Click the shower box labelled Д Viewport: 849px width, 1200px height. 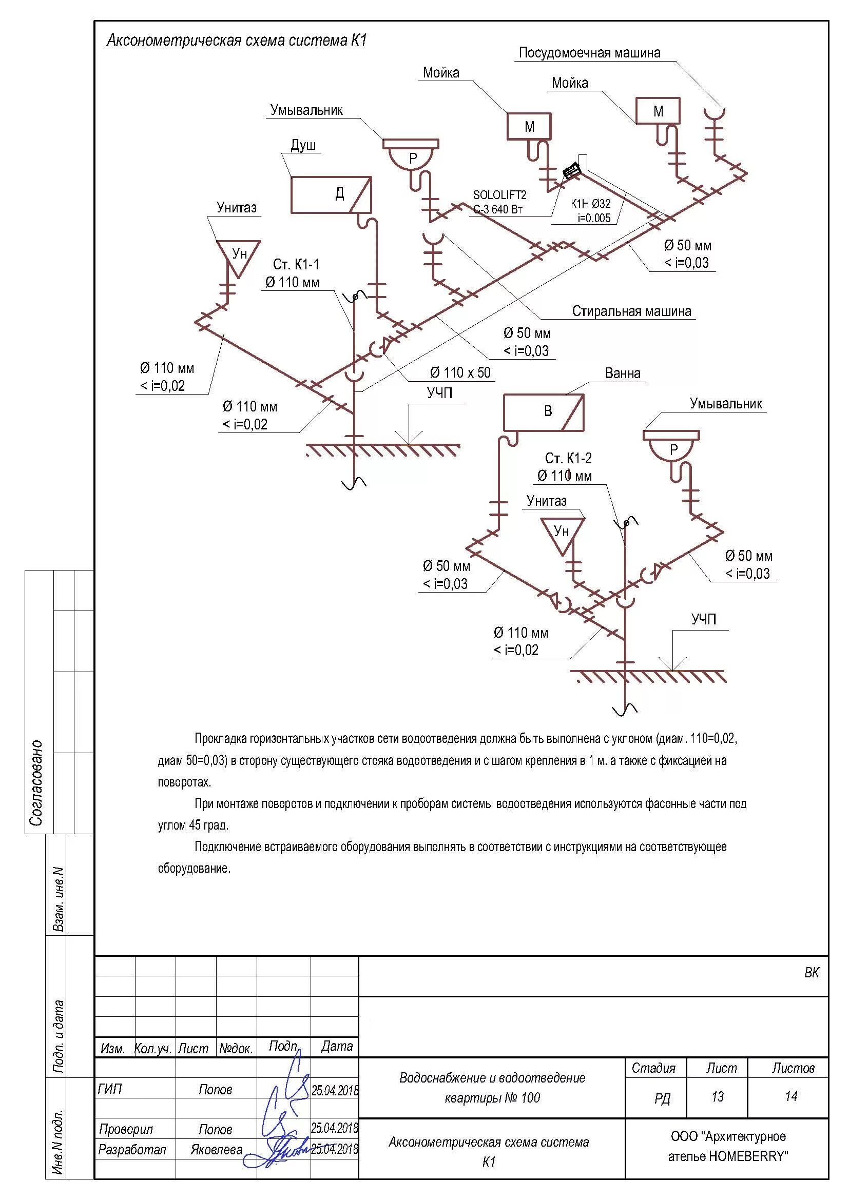tap(331, 194)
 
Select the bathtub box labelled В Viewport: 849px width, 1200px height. tap(543, 412)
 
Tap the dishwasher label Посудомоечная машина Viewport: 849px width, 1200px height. tap(589, 53)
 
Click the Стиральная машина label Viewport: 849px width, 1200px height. tap(631, 311)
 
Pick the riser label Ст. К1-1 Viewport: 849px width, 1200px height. tap(295, 264)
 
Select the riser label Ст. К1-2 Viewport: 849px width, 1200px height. tap(568, 458)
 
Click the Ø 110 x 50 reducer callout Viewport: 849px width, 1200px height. tap(460, 372)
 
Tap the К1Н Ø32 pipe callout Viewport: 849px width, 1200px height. tap(590, 204)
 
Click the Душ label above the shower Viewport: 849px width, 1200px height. tap(303, 145)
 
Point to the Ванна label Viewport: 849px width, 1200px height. tap(623, 373)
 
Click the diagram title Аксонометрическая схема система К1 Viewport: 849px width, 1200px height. tap(237, 41)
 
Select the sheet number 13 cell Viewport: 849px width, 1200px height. tap(717, 1096)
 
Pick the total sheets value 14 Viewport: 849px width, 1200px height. tap(791, 1096)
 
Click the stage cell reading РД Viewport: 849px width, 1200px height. tap(662, 1098)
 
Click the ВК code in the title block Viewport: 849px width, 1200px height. tap(812, 973)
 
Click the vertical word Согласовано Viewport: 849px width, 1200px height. tap(36, 782)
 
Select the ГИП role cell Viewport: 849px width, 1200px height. tap(110, 1089)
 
